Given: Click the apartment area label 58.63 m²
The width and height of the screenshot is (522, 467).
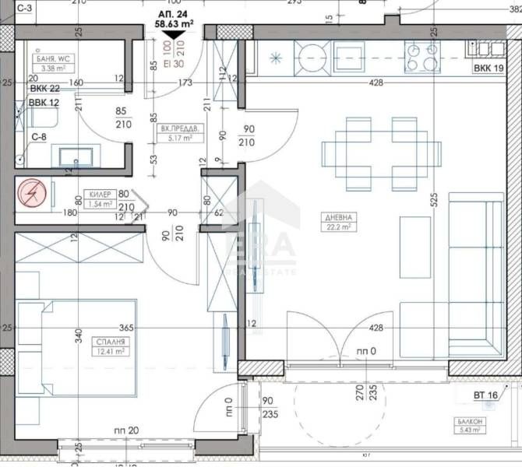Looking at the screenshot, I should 171,23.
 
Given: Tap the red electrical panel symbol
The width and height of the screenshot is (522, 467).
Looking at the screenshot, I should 30,191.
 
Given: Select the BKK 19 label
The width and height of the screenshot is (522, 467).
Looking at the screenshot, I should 488,69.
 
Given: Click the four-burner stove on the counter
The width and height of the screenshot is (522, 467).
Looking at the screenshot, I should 421,55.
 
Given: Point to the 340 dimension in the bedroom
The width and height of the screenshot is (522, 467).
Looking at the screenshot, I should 79,335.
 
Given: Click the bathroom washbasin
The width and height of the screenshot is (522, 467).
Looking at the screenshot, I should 77,154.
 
